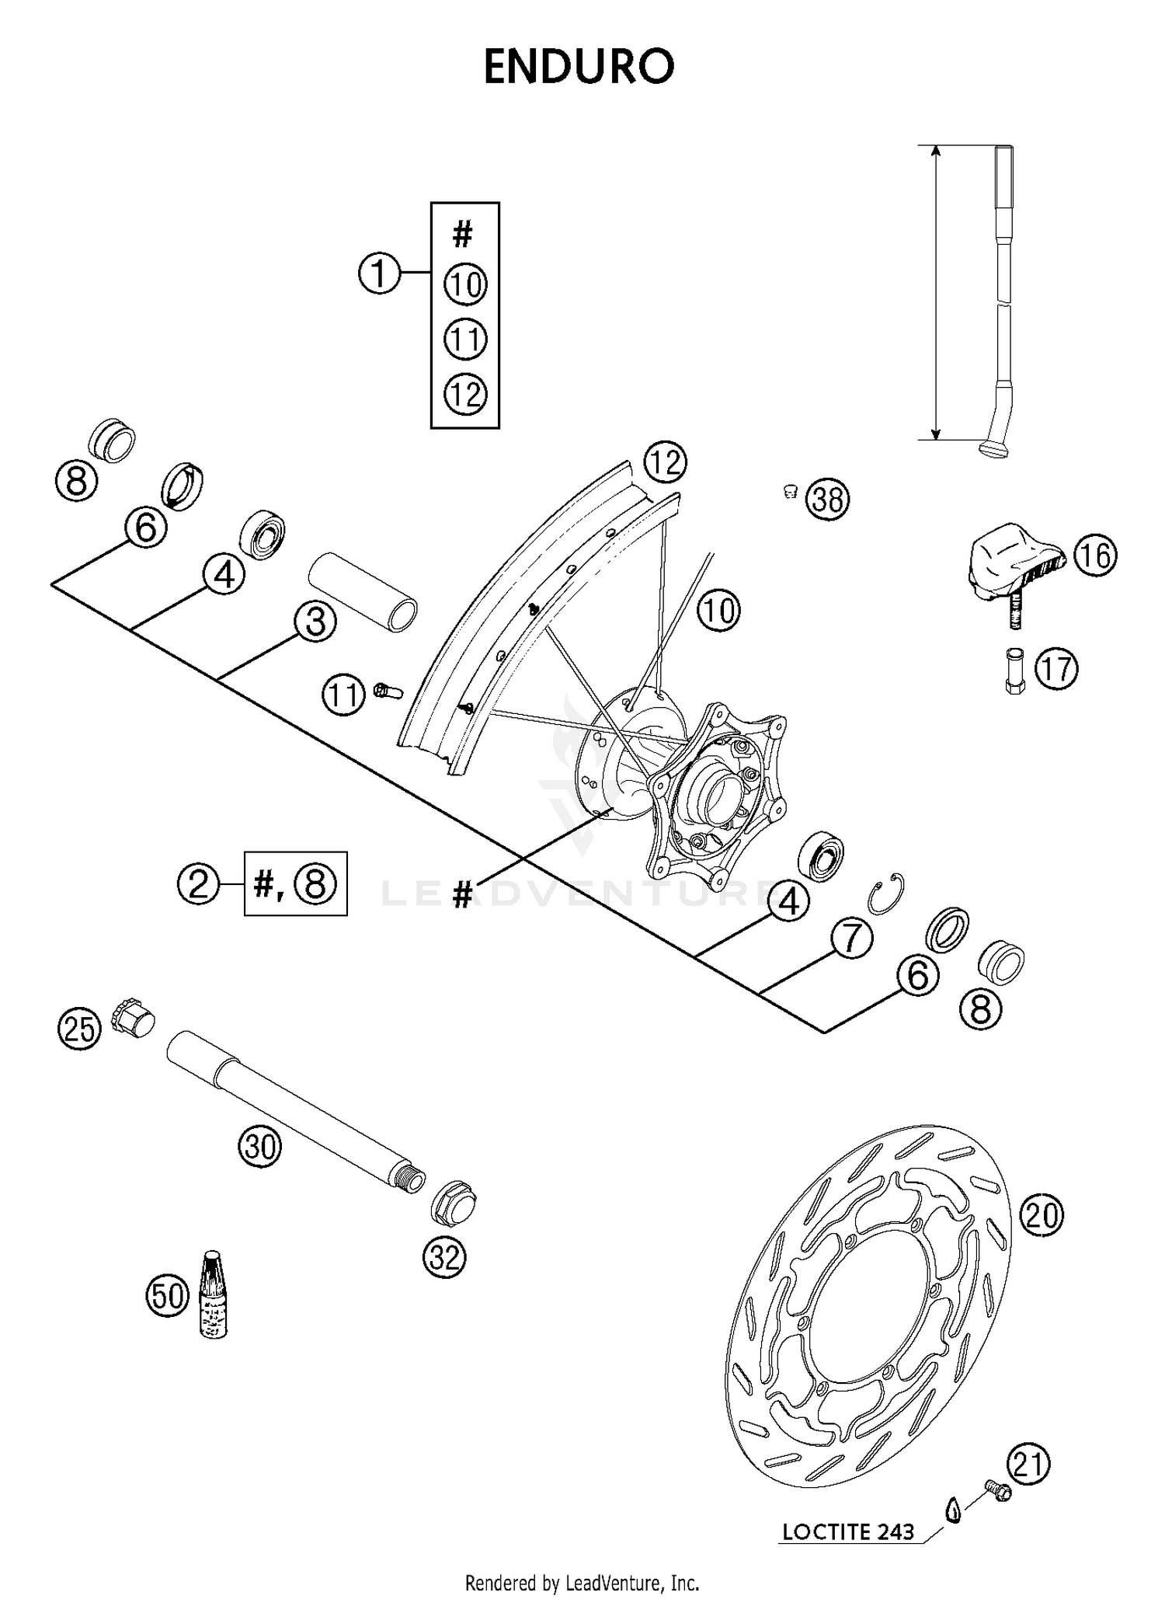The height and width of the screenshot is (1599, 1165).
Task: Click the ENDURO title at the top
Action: (579, 68)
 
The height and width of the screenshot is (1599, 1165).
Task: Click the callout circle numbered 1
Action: (379, 273)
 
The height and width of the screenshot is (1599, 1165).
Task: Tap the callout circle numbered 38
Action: (828, 499)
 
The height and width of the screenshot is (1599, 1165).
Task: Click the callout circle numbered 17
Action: (1056, 669)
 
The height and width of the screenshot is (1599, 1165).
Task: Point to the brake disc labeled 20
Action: (870, 1305)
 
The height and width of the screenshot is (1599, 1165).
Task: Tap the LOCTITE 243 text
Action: (848, 1532)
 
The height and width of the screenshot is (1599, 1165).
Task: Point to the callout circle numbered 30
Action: (259, 1146)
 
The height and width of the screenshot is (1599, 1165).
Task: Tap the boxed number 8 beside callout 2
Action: (315, 884)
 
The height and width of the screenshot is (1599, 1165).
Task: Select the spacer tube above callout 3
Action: (363, 591)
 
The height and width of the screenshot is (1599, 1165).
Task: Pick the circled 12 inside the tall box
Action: (465, 395)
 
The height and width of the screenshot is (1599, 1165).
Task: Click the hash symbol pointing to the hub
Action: (462, 896)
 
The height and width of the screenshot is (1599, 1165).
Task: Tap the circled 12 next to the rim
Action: (666, 463)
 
